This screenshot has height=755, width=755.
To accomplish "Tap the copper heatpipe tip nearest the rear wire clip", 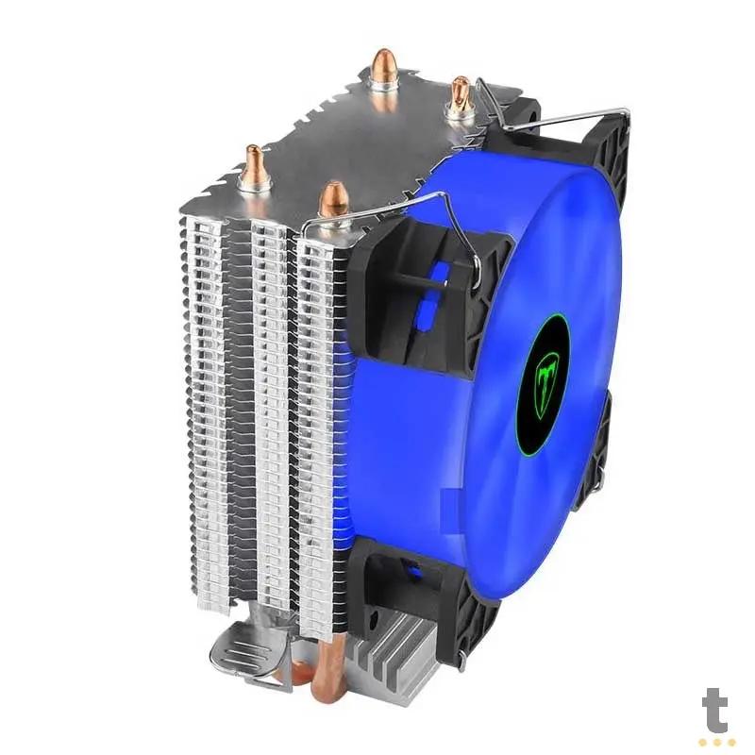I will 460,94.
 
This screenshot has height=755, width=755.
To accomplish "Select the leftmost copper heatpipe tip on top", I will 254,166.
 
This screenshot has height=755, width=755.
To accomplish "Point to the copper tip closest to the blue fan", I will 332,200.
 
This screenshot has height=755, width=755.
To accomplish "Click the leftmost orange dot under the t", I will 703,742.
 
